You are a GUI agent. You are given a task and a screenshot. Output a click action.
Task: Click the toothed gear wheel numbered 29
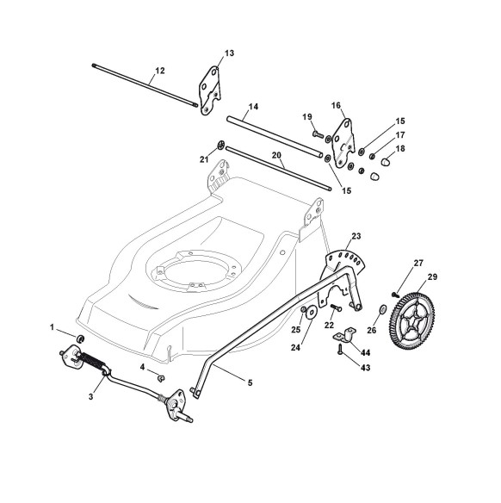click(x=412, y=320)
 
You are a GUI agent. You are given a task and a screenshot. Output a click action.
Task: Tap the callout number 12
click(x=159, y=71)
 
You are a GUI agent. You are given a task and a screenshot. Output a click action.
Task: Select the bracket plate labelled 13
click(x=210, y=90)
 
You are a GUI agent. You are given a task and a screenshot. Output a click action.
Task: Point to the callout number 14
click(x=253, y=106)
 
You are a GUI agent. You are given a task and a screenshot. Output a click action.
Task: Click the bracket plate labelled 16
click(x=343, y=143)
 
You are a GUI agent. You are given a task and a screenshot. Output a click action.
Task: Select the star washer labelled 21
click(x=220, y=146)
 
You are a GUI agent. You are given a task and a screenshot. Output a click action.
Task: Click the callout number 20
click(x=276, y=156)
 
